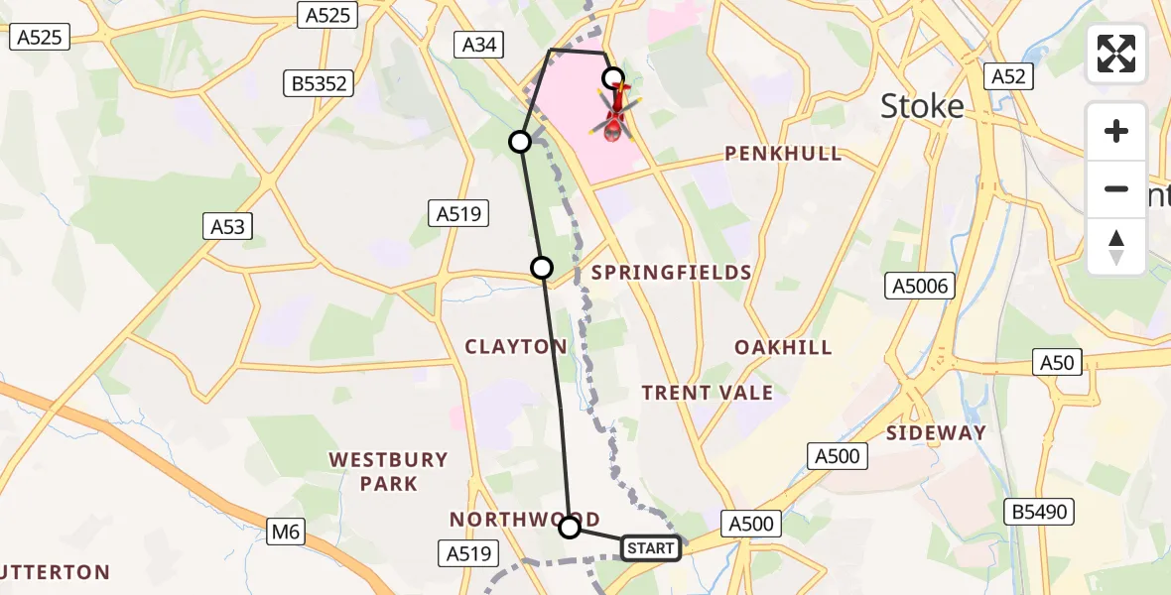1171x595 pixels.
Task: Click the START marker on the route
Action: (651, 547)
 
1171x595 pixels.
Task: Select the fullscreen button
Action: (1116, 54)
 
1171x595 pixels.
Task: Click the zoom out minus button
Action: (1116, 188)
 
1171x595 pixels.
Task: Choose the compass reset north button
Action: (1116, 247)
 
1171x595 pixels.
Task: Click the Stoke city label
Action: (922, 106)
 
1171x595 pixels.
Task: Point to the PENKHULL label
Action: (783, 154)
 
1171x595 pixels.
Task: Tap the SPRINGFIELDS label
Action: (671, 273)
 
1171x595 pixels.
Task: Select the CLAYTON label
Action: (516, 346)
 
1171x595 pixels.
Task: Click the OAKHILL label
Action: (783, 347)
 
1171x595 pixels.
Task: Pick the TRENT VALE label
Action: (707, 393)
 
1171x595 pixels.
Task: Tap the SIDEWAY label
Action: (936, 432)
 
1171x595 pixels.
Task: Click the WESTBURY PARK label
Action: (388, 472)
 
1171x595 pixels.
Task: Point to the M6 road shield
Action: (286, 533)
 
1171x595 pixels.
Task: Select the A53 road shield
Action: (227, 226)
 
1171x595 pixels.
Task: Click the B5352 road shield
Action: (320, 83)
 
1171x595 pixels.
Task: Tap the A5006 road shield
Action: (919, 287)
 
